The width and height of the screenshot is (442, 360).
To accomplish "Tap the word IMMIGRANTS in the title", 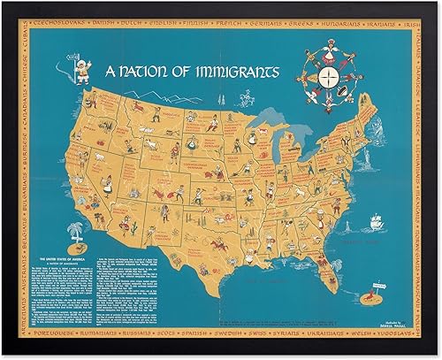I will click(232, 68).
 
